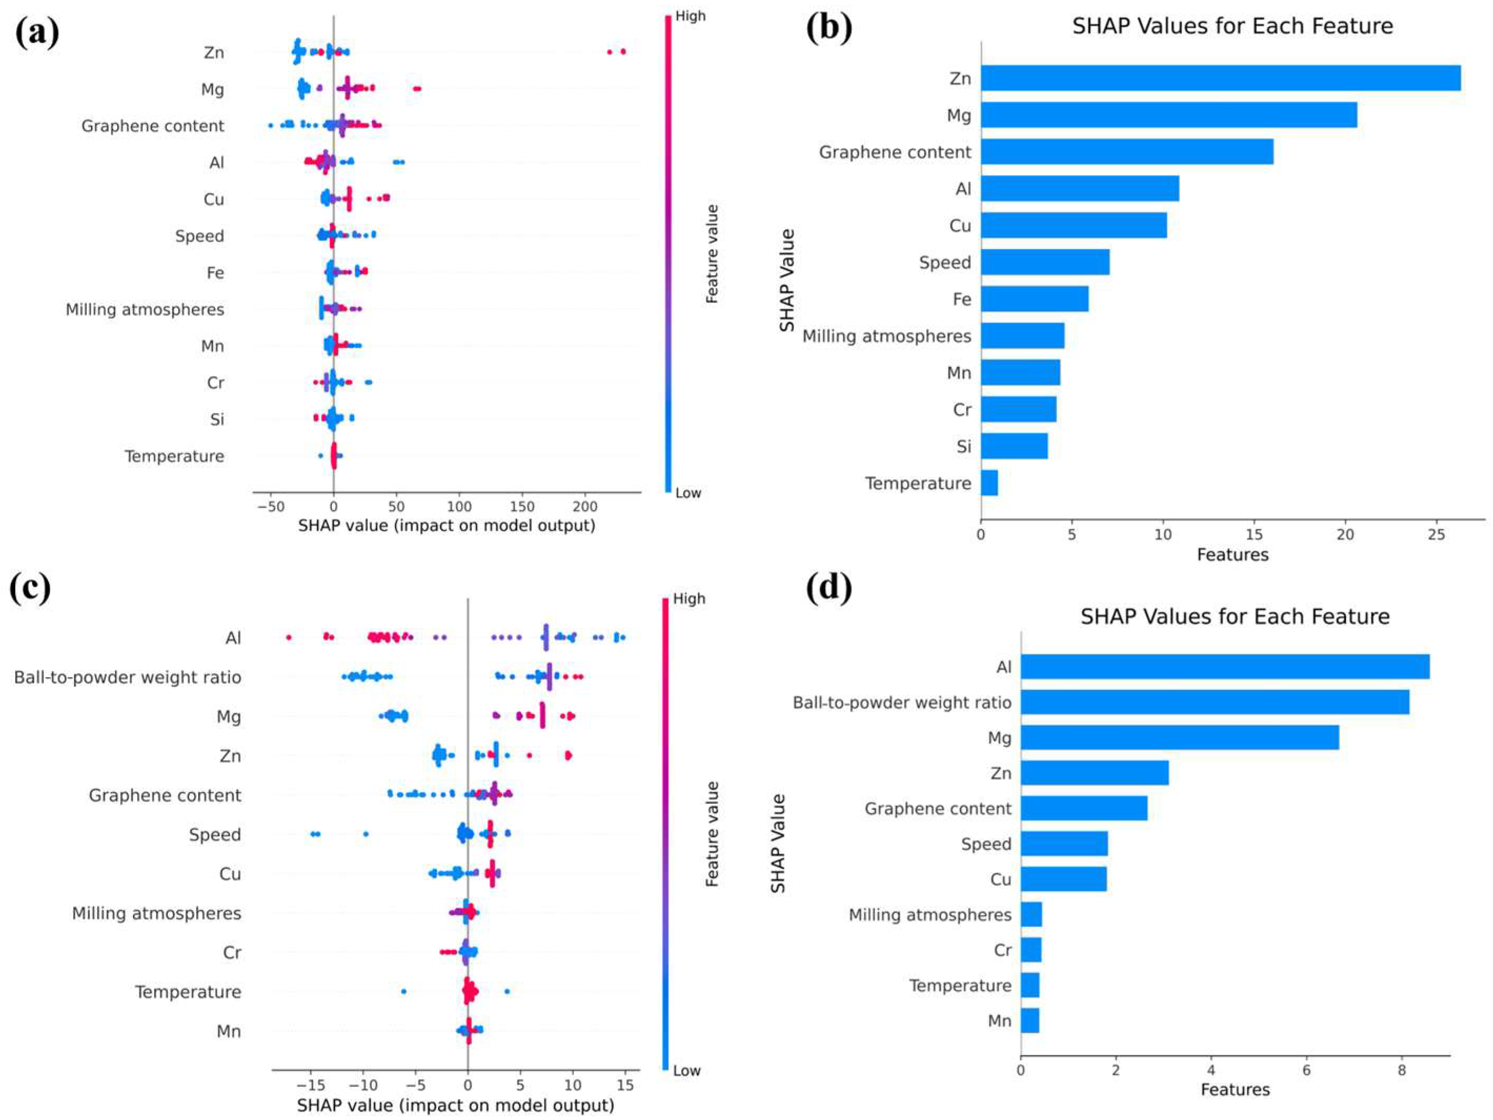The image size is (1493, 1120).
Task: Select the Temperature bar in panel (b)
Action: (990, 483)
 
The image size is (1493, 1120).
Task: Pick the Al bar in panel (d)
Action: (1224, 667)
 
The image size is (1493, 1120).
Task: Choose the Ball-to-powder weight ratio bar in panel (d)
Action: (1214, 703)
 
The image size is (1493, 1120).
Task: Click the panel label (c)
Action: (31, 587)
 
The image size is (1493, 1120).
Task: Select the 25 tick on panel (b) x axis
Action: (1436, 534)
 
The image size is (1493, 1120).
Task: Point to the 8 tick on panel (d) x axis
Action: (1402, 1070)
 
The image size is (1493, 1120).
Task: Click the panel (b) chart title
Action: (1233, 26)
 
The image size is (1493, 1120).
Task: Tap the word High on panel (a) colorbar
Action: (690, 16)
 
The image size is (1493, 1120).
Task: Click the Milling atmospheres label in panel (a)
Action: (145, 310)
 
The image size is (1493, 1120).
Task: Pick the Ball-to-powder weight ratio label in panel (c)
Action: (128, 677)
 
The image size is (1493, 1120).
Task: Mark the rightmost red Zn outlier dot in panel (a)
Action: (623, 52)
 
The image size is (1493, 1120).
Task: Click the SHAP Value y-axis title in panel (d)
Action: (778, 843)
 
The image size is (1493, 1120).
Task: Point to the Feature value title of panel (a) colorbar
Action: (712, 254)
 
